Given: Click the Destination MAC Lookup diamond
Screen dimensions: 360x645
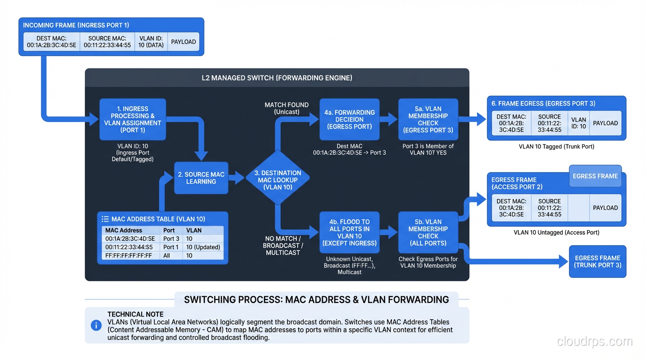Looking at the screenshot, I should tap(277, 180).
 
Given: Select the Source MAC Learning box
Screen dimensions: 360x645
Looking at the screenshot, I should tap(201, 178).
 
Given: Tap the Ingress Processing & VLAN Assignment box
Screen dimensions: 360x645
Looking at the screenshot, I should tap(133, 119).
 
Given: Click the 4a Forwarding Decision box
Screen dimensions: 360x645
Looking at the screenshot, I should tap(349, 119).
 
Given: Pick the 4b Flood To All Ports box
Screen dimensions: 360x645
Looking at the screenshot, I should tap(349, 232).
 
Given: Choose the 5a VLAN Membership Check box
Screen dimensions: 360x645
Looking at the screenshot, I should tap(428, 119).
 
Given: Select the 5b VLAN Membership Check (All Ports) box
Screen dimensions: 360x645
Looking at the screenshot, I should tap(428, 232).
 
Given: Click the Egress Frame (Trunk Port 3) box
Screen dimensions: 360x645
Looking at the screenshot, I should tap(597, 262).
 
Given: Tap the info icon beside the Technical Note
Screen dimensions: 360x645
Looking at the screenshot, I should tap(96, 325).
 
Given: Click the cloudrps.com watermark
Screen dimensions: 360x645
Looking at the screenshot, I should tap(594, 341).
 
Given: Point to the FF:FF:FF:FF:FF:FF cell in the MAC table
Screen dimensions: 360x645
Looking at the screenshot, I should tap(128, 255).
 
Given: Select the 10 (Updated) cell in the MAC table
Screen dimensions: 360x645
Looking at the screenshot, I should tap(202, 247).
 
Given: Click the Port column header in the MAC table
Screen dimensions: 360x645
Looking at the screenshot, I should tap(169, 230).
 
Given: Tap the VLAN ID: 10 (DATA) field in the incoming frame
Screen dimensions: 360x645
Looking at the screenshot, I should tap(151, 42).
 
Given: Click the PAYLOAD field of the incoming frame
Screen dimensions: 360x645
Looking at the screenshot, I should tap(183, 42).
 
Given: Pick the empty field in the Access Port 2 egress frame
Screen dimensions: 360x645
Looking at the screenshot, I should tap(578, 208).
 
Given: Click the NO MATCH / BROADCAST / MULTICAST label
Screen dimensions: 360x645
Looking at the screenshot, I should tap(283, 246).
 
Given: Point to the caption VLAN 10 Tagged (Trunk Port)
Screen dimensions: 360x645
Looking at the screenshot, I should tap(556, 147).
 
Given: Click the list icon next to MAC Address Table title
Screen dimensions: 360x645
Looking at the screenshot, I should tap(105, 219).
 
